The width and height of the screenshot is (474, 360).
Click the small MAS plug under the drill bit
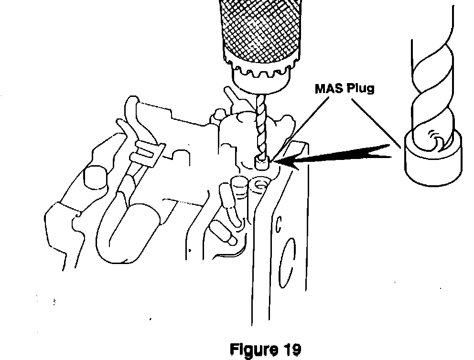[x=261, y=163]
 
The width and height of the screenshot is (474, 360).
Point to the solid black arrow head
[x=287, y=162]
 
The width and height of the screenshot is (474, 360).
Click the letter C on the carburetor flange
[x=279, y=223]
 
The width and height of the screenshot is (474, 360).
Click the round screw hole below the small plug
[x=261, y=184]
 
